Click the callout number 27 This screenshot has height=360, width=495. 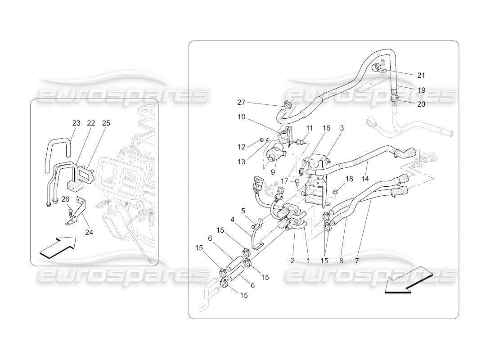pos(241,102)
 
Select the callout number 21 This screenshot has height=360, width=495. pos(421,75)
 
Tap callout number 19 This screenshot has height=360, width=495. pos(421,90)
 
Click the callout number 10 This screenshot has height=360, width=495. pos(241,117)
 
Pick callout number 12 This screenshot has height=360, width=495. pos(241,147)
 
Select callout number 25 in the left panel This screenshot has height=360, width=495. pos(106,123)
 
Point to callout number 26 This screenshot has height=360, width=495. pos(65,199)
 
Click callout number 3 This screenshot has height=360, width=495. pos(342,128)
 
